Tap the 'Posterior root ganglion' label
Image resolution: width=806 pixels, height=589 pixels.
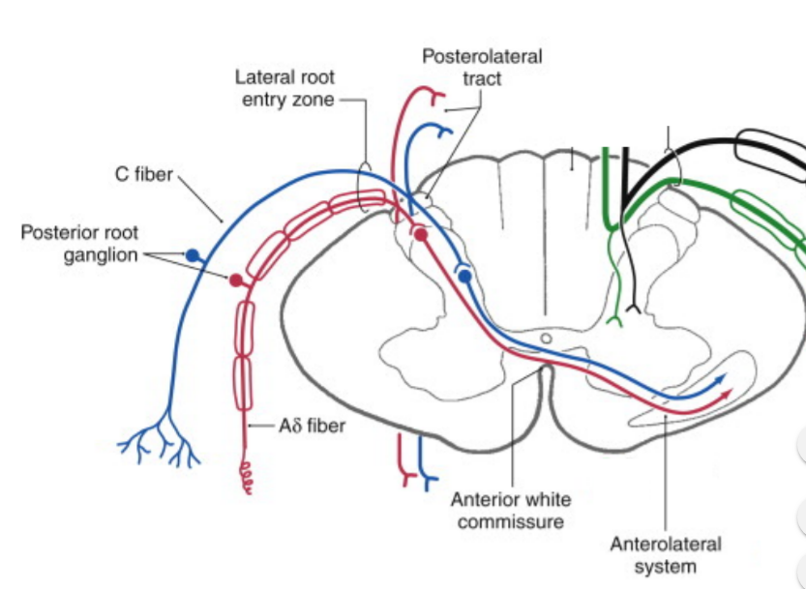click(79, 244)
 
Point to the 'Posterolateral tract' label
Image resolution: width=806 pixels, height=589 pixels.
click(481, 68)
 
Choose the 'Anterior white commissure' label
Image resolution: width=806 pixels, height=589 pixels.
click(510, 511)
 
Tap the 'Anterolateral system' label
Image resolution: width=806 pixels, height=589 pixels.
click(665, 555)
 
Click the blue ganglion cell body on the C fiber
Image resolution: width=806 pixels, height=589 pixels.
click(193, 256)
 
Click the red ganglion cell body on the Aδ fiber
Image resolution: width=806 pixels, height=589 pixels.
click(235, 280)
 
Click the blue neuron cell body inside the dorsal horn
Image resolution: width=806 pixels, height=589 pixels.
click(464, 277)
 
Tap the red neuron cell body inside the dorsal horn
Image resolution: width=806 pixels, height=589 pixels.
click(420, 234)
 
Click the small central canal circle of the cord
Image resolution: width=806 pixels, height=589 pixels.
click(547, 339)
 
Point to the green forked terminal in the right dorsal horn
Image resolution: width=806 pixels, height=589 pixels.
click(612, 317)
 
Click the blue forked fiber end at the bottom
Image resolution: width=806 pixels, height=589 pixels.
click(422, 477)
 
